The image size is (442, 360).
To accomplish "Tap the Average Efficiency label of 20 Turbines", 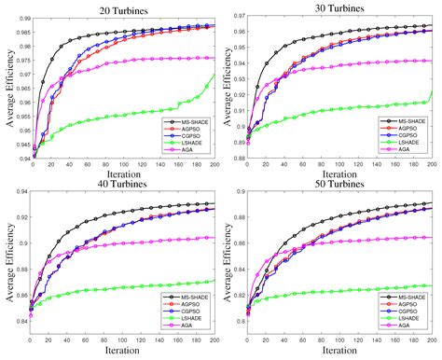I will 7,87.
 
